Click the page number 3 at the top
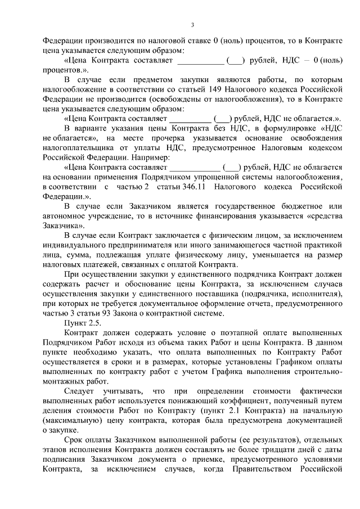click(192, 25)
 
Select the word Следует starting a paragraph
click(83, 391)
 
